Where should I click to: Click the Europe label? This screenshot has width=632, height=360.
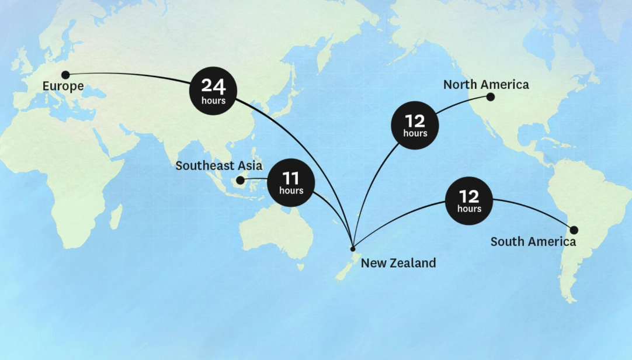point(62,86)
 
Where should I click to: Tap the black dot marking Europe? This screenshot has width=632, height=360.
point(65,75)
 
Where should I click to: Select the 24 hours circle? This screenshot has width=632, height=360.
point(213,91)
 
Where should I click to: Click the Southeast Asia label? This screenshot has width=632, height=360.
point(219,166)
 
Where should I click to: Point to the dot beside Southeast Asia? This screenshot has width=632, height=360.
point(240,181)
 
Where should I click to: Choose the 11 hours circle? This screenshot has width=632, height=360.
point(291,182)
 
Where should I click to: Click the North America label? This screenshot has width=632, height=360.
point(486,85)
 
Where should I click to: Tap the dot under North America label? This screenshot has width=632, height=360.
point(491,97)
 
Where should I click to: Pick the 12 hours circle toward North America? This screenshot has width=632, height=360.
point(415,125)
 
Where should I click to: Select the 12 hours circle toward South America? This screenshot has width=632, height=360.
point(469,201)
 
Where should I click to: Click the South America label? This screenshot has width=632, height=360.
point(533,241)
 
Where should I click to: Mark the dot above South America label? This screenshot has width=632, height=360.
point(574,230)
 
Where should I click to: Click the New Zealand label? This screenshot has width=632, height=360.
point(398,263)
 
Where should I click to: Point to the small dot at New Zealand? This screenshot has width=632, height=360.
point(353,248)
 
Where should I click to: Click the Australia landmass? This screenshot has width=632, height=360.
point(275,231)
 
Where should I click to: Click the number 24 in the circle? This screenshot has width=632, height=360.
point(213,86)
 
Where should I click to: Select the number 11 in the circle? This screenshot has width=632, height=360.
point(291,178)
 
